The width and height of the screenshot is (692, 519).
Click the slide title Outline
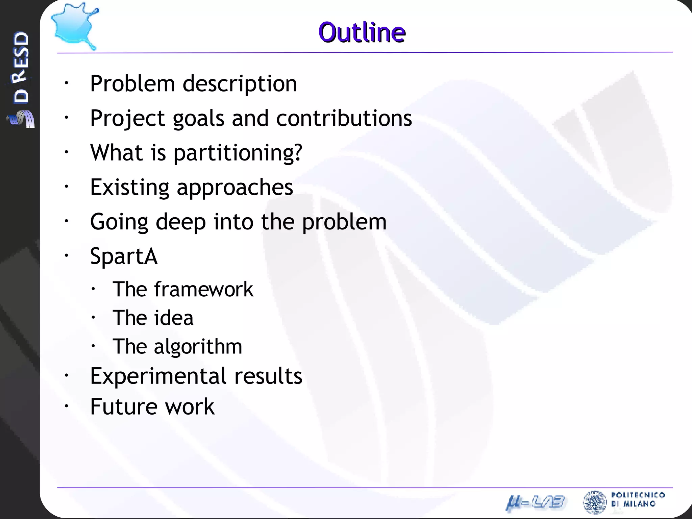pos(362,32)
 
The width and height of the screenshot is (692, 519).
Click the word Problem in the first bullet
pos(132,83)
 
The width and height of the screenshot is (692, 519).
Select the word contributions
pos(344,119)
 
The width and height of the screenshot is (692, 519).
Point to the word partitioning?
pos(238,153)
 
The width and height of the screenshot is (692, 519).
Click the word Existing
pos(129,188)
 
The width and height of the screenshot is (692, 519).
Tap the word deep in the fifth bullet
pos(181,222)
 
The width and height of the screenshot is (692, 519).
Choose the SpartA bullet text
pos(124,256)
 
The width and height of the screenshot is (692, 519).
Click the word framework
pos(204,290)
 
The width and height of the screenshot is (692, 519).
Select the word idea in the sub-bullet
pos(174,318)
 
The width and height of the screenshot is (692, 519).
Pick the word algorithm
pos(198,347)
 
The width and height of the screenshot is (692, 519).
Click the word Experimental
pos(158,376)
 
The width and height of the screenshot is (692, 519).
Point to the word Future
pos(124,406)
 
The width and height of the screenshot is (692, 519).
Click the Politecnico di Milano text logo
pos(638,499)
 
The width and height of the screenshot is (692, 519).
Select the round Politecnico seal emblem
pos(595,502)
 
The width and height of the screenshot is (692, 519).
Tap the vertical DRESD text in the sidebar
pos(21,68)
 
